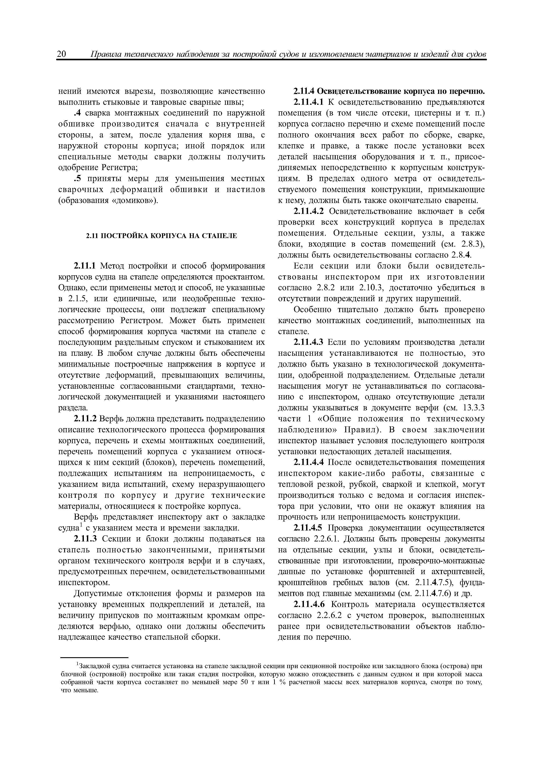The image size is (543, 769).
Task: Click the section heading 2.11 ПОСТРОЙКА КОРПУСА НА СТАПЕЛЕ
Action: (x=161, y=236)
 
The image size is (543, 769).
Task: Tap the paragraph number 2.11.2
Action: (x=85, y=419)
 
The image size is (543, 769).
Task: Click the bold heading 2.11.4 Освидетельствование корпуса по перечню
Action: (x=389, y=91)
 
